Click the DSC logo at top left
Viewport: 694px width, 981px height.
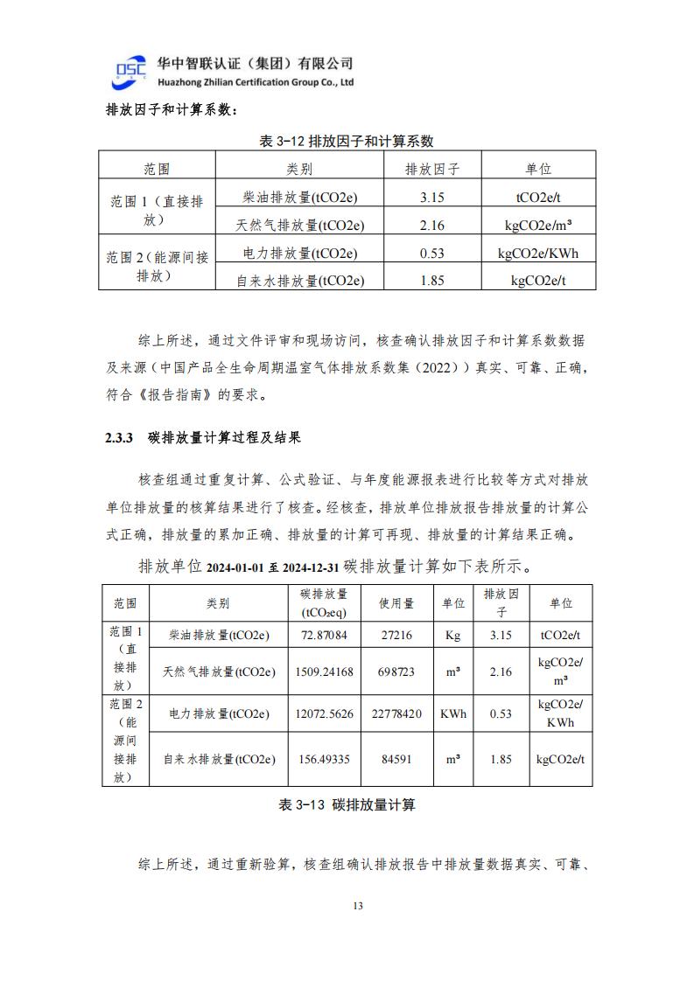click(x=131, y=73)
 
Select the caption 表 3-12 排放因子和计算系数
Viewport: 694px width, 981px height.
click(x=347, y=141)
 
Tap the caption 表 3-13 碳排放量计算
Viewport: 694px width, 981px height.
click(x=347, y=804)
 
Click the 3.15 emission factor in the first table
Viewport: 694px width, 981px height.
click(x=432, y=198)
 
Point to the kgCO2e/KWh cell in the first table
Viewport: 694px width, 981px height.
click(x=538, y=254)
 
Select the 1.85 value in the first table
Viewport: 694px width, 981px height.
click(x=432, y=281)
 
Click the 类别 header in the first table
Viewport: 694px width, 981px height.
click(x=299, y=169)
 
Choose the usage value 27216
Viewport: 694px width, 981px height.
click(x=396, y=635)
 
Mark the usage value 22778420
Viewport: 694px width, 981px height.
click(x=396, y=713)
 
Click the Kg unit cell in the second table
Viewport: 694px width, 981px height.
click(x=452, y=635)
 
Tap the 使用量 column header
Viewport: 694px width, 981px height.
click(x=396, y=603)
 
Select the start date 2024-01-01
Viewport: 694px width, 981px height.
click(x=235, y=567)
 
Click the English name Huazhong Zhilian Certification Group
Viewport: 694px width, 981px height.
click(x=254, y=82)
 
